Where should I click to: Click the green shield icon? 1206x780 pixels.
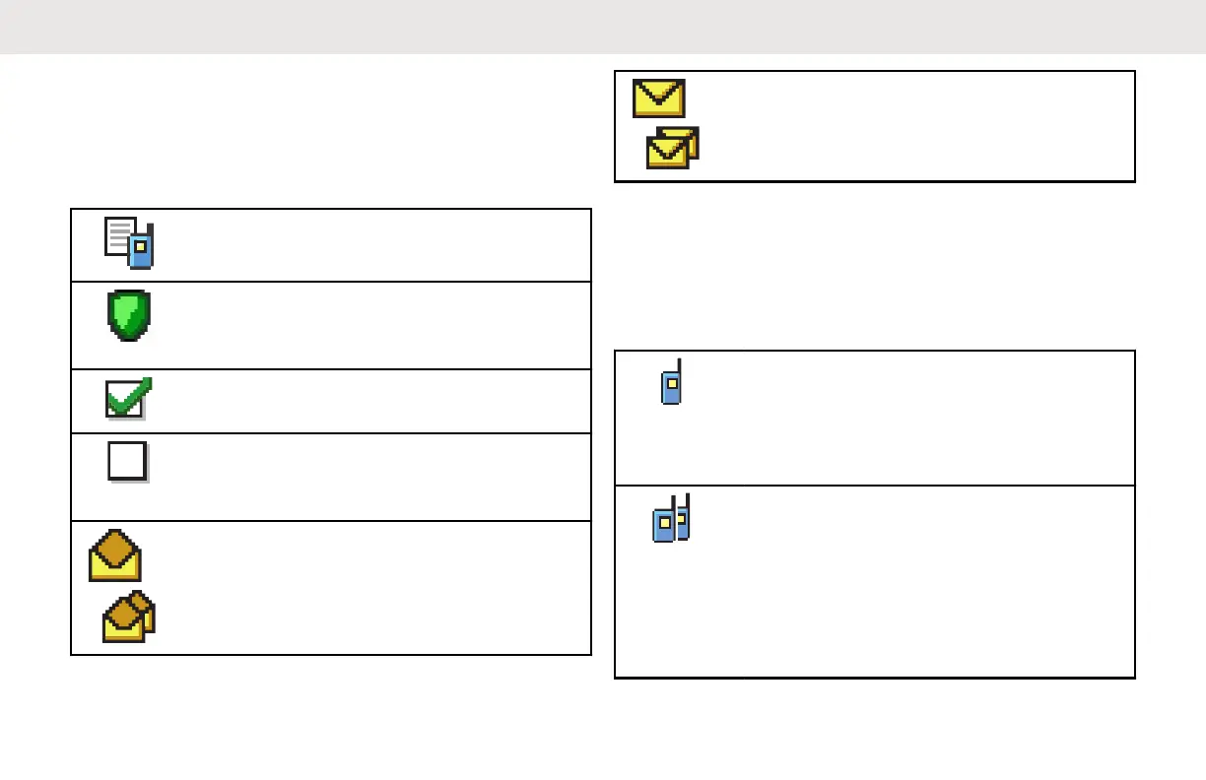click(129, 315)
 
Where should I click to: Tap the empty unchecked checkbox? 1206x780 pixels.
click(127, 460)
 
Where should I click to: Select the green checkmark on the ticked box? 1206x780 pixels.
click(129, 399)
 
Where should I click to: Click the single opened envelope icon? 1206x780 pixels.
click(114, 555)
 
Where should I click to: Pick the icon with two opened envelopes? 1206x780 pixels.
click(129, 617)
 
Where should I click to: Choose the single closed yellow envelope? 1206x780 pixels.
click(658, 98)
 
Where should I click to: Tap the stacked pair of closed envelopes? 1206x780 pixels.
click(672, 147)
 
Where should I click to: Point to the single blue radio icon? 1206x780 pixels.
click(671, 382)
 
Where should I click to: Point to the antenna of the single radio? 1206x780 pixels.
click(679, 366)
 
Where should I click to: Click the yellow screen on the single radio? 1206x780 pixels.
click(669, 380)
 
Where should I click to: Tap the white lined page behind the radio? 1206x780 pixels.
click(119, 236)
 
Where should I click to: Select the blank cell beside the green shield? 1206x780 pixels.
click(374, 325)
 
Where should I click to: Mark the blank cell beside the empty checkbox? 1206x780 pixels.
click(374, 477)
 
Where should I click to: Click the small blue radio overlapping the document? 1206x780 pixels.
click(142, 248)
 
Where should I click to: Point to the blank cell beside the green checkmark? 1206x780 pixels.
click(374, 401)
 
